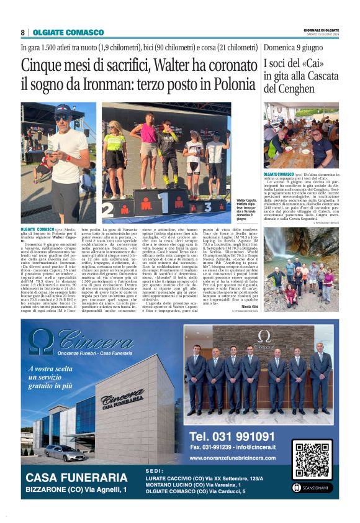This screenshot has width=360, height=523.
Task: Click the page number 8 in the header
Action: click(x=23, y=32)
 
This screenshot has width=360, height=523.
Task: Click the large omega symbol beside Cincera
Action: click(x=42, y=340)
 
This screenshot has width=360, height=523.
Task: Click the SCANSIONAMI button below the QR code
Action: click(x=313, y=488)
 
